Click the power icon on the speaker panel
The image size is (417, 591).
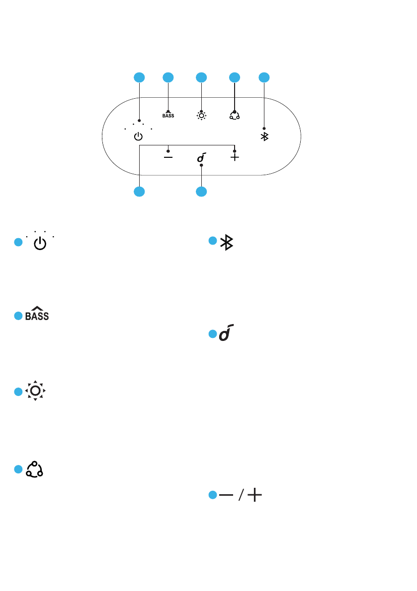139,136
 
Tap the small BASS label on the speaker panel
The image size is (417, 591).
168,116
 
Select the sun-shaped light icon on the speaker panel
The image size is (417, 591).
201,115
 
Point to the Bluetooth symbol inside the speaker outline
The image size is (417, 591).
264,136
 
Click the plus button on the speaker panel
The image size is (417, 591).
235,157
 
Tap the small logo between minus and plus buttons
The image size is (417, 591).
201,158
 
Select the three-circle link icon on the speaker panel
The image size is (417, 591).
234,115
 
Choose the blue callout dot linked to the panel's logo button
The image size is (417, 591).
201,192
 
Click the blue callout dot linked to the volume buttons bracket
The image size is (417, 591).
139,192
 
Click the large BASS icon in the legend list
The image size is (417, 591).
38,314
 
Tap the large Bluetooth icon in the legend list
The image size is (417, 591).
227,242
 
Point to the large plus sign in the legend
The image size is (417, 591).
254,496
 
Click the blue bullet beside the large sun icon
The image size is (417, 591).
18,392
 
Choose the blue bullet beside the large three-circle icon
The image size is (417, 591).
18,469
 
